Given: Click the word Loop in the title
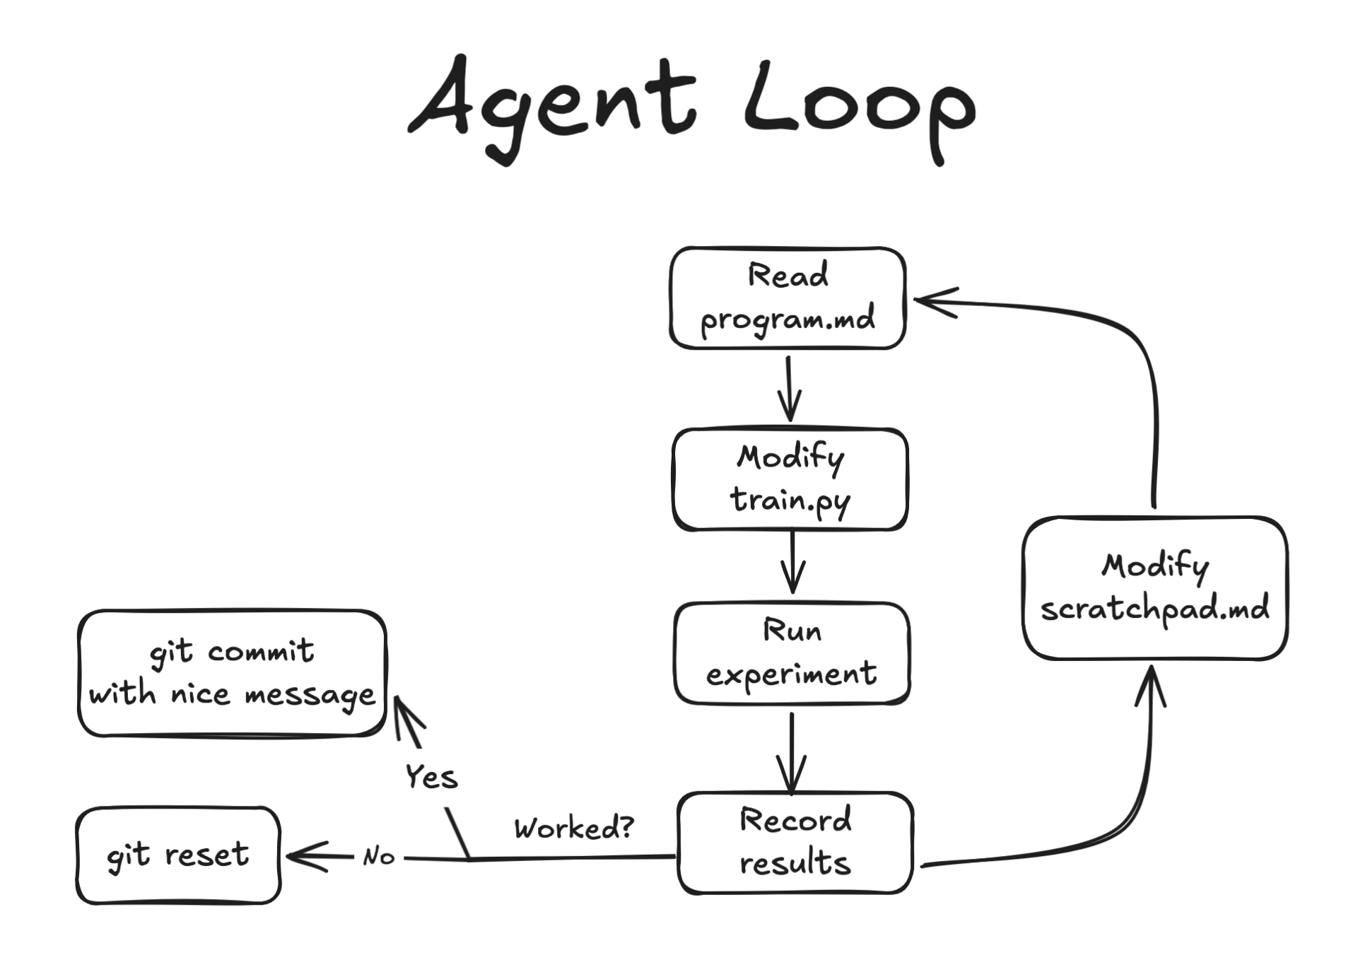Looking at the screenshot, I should pyautogui.click(x=859, y=106).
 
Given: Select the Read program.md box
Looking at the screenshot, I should pyautogui.click(x=788, y=298).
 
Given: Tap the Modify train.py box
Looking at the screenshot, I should pyautogui.click(x=790, y=479).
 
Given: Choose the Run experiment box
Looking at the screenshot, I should pyautogui.click(x=792, y=652).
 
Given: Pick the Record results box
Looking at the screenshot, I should pyautogui.click(x=795, y=842).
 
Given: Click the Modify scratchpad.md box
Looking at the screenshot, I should pyautogui.click(x=1154, y=588).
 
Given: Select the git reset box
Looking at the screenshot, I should pyautogui.click(x=178, y=855).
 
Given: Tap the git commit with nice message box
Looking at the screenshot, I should pyautogui.click(x=232, y=672).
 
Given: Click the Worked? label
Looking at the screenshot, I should pyautogui.click(x=573, y=827).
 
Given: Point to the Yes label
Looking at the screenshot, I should pyautogui.click(x=431, y=777).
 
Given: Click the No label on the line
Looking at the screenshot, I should pyautogui.click(x=379, y=857).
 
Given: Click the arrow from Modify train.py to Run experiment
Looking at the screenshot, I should pyautogui.click(x=792, y=562).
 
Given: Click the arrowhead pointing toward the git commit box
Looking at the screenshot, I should pyautogui.click(x=405, y=715).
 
